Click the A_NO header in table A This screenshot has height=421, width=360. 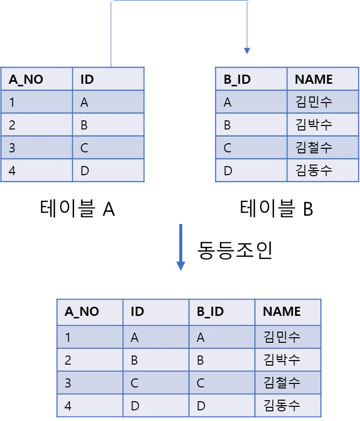[x=26, y=79]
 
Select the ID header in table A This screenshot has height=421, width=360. [x=87, y=79]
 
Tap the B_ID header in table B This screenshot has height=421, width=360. [x=237, y=79]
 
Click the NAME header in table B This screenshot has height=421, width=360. [x=314, y=79]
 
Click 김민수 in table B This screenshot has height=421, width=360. [x=314, y=102]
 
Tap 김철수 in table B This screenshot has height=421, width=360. [x=314, y=148]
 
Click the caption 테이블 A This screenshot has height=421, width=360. [x=77, y=208]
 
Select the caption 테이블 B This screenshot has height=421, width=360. [x=276, y=208]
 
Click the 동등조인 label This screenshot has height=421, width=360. [x=235, y=250]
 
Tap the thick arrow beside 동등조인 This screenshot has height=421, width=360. [x=181, y=247]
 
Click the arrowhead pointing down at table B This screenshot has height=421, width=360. [x=247, y=51]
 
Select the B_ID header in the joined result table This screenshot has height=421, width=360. [x=210, y=311]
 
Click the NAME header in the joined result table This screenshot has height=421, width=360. [x=282, y=311]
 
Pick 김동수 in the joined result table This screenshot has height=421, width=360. [x=282, y=405]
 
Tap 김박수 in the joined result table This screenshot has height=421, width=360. [x=282, y=360]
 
